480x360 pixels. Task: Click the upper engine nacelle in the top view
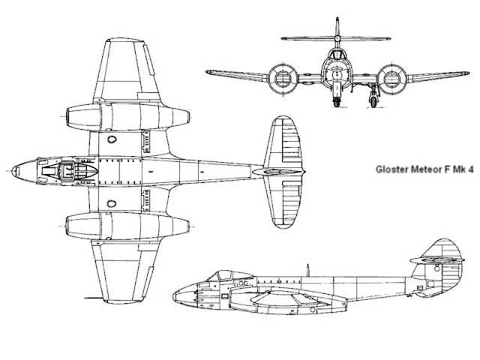pos(124,117)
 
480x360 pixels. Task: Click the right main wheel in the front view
pos(373,98)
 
